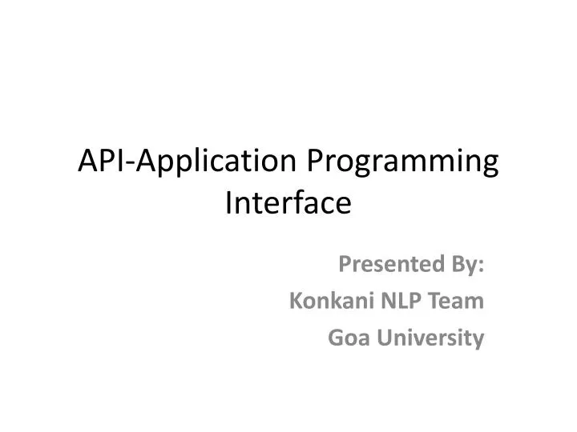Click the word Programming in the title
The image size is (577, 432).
pos(403,165)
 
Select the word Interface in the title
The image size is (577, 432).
pos(288,203)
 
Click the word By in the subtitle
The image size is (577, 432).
pos(468,263)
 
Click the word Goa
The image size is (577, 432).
pos(346,339)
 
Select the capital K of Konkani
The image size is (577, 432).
pos(293,301)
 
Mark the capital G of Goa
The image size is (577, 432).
pos(336,339)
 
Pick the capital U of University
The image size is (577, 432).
pos(381,339)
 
